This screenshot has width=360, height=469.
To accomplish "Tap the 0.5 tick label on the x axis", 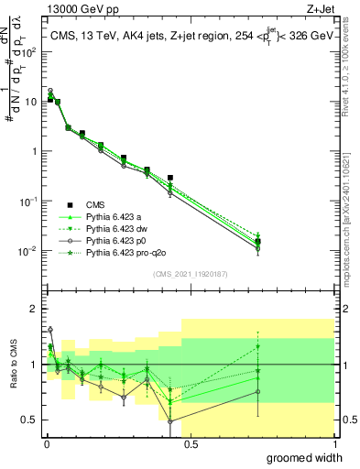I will point(188,444).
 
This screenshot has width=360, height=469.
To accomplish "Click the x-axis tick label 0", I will point(46,444).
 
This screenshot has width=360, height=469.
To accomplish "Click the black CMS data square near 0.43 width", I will point(170,178).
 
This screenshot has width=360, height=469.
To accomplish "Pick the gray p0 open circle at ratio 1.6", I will point(50,330).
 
